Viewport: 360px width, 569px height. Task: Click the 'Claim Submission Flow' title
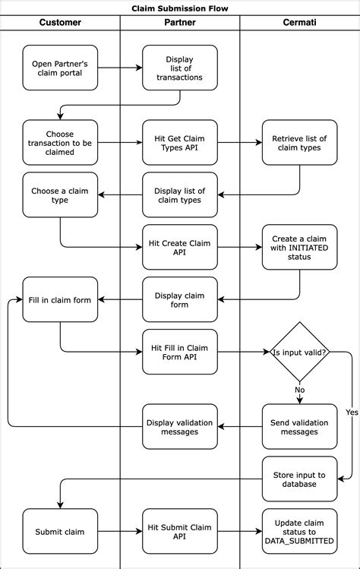(x=180, y=8)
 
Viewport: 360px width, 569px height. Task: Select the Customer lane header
(x=60, y=23)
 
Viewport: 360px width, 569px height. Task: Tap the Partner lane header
(x=180, y=23)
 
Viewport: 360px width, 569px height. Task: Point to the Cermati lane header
(x=299, y=23)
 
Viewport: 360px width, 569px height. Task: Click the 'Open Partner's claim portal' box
(x=60, y=68)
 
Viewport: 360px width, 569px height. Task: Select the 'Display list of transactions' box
(x=180, y=68)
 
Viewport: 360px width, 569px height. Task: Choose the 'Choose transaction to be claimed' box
(x=60, y=142)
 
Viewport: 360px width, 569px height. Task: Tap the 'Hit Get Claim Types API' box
(x=180, y=142)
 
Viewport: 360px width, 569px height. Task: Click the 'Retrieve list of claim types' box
(x=299, y=142)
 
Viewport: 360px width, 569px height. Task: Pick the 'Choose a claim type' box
(x=60, y=195)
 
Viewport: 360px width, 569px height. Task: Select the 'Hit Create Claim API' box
(x=180, y=247)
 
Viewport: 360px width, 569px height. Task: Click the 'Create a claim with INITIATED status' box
(x=299, y=247)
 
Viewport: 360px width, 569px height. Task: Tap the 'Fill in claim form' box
(x=60, y=299)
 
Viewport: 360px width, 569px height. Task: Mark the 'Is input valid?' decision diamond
(x=299, y=352)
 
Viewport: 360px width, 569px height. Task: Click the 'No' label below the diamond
(x=299, y=390)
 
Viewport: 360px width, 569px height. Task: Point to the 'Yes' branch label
(x=351, y=413)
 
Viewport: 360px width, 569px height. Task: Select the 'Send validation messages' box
(x=299, y=426)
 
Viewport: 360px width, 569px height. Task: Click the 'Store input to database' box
(x=299, y=479)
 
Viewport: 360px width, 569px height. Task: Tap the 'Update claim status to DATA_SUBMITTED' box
(x=299, y=531)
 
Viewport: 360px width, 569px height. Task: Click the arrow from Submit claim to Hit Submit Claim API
(x=120, y=531)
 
